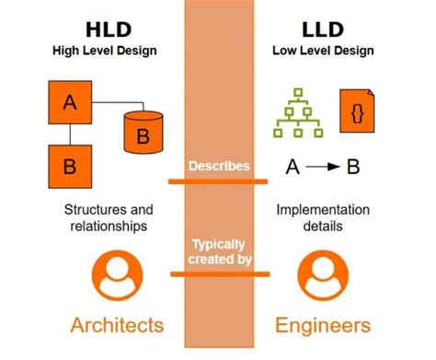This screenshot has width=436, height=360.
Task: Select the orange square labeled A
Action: pos(70,104)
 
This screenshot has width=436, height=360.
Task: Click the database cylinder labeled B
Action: pos(143,133)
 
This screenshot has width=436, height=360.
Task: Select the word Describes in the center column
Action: pos(218,166)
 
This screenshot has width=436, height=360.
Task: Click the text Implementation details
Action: pos(323,218)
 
